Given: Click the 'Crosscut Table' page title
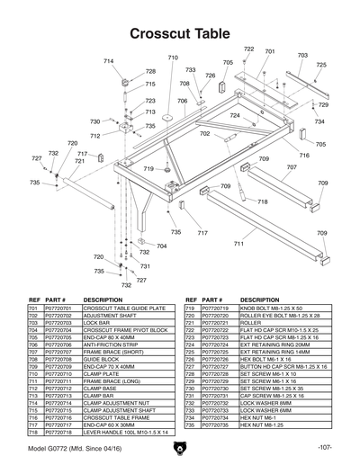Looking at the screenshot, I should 180,33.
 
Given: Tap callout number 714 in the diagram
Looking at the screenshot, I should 109,61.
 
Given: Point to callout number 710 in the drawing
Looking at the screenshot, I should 173,58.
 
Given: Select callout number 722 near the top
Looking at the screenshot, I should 248,49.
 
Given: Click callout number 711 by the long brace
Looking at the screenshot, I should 238,243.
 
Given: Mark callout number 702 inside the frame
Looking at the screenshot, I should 204,133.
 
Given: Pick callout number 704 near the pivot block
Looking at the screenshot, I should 161,246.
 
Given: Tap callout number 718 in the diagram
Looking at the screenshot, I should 262,201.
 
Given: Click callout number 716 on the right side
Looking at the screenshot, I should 304,156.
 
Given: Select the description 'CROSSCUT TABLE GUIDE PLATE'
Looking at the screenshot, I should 123,308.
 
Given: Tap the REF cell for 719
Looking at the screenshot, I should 190,308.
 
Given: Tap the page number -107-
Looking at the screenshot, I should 325,447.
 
